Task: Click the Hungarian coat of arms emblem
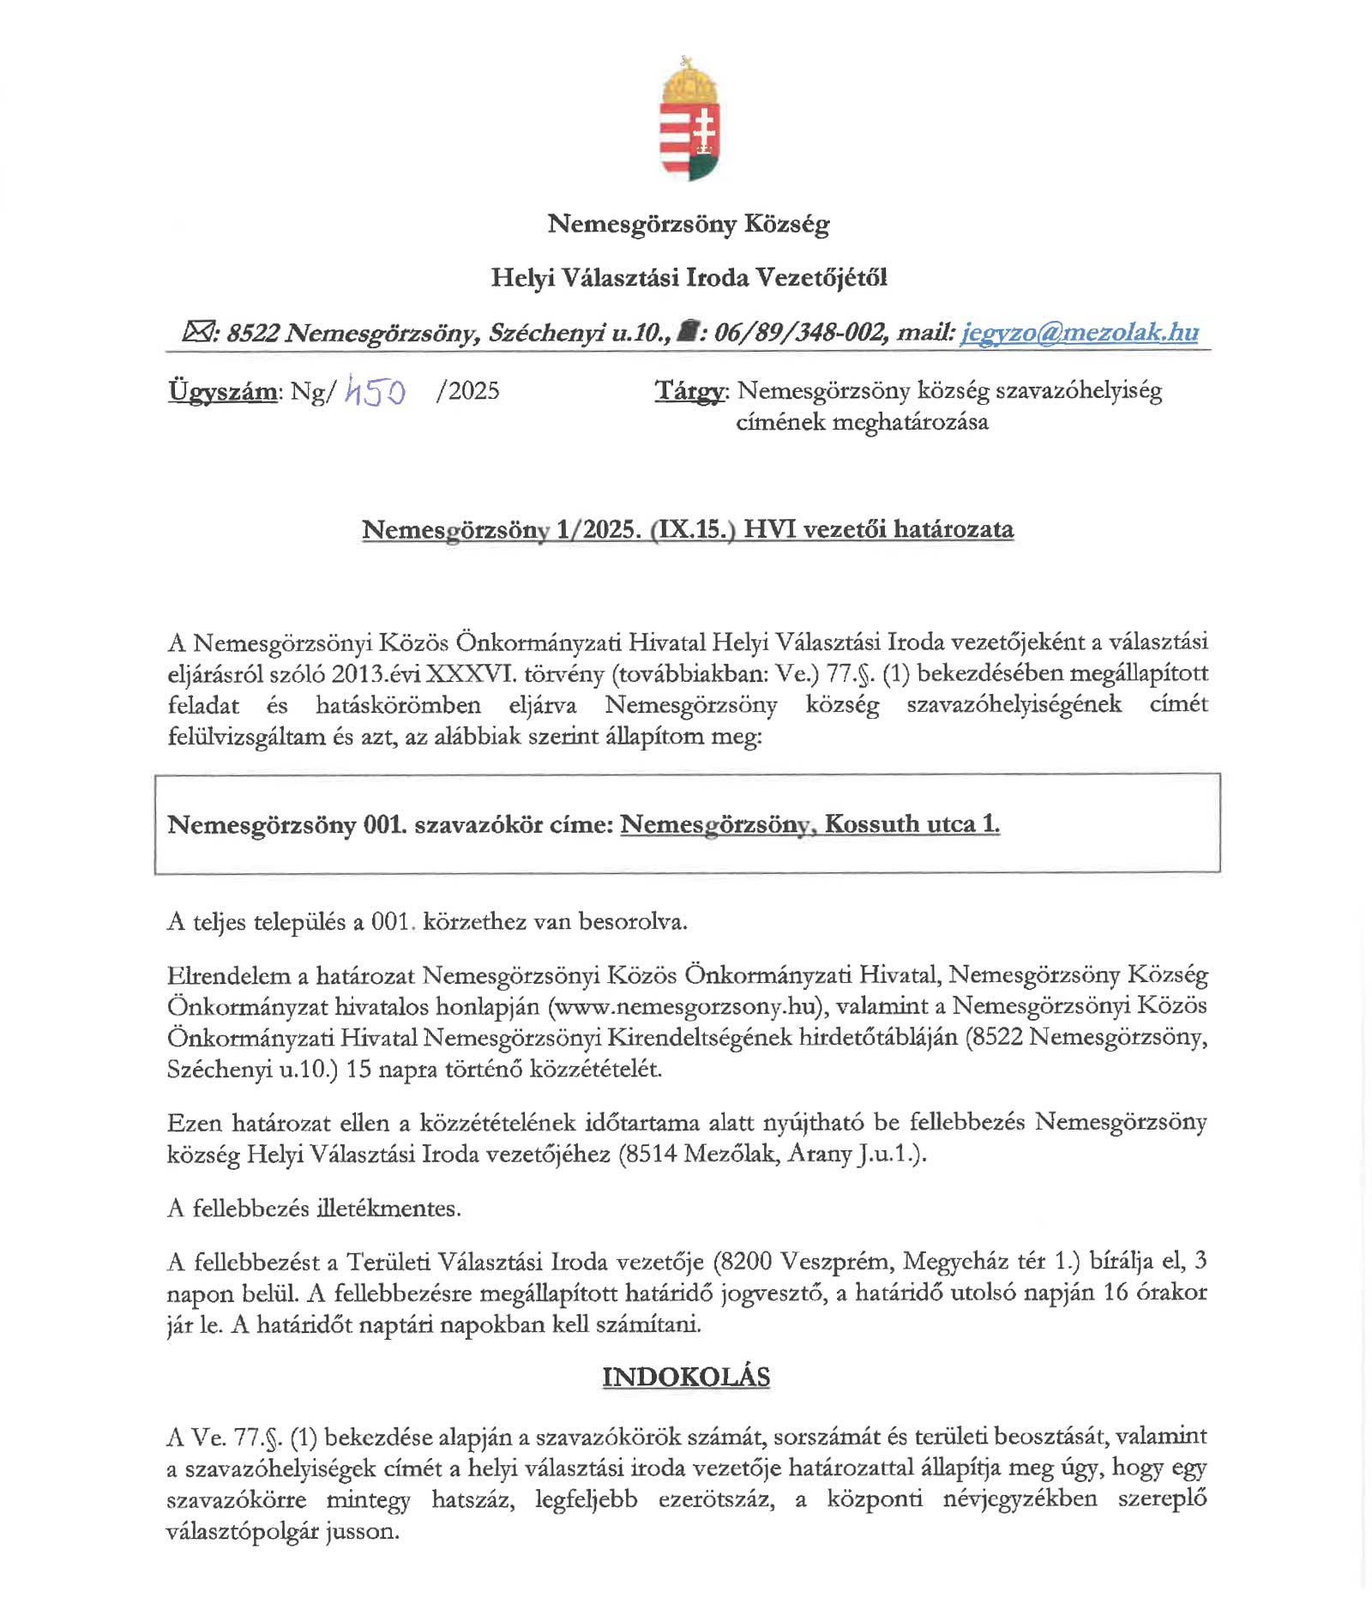coord(689,119)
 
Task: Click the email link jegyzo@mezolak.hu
coord(1079,332)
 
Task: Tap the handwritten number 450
coord(375,392)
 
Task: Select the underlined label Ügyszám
coord(223,391)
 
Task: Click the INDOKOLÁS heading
coord(686,1377)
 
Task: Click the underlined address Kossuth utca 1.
coord(912,824)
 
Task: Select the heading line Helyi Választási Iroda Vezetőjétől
coord(689,277)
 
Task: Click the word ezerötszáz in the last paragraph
coord(716,1499)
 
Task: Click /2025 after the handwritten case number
coord(467,391)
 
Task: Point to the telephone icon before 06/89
coord(685,331)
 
